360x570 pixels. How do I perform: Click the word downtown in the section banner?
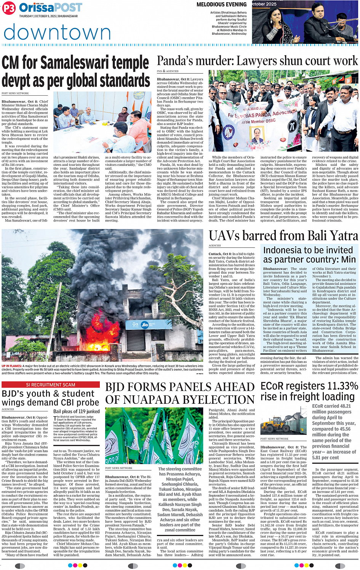57,32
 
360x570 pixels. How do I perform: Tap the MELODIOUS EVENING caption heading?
221,5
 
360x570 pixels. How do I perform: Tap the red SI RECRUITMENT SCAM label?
51,385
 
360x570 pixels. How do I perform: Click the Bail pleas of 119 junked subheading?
77,411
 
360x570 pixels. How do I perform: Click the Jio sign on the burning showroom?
144,325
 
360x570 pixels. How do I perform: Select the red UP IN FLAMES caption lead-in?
12,366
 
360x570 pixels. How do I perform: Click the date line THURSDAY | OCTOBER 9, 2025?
48,16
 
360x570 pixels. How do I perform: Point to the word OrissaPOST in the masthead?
50,8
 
